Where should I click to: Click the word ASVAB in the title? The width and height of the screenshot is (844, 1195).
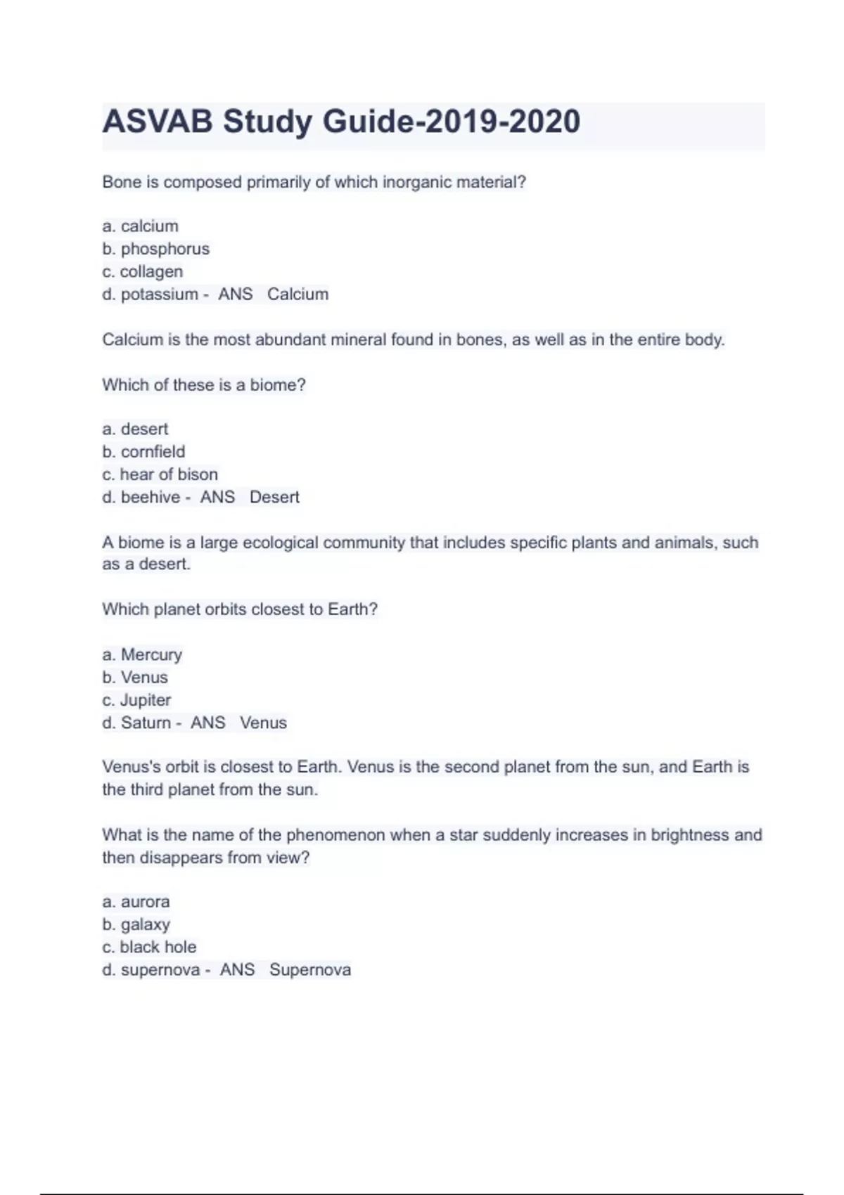(157, 122)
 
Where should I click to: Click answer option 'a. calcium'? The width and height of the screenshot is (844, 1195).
(141, 226)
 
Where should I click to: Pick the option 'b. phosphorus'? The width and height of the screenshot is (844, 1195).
(155, 249)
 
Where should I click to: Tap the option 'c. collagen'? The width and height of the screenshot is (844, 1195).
(142, 271)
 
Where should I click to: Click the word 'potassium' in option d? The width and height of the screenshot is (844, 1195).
(159, 295)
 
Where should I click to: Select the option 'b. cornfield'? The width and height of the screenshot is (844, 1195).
(143, 451)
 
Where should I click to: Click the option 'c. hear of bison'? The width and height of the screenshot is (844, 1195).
(160, 474)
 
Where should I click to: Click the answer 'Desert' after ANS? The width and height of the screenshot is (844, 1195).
(274, 497)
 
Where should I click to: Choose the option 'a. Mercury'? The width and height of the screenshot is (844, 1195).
(142, 654)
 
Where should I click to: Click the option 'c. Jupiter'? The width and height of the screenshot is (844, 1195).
(136, 700)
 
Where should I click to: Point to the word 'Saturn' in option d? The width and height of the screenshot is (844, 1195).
(146, 723)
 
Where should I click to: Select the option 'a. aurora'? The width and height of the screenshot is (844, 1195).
(136, 902)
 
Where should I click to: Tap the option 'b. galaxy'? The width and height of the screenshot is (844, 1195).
(136, 924)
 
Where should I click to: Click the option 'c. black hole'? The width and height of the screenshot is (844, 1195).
(149, 947)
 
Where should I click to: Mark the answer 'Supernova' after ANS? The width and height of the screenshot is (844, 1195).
(310, 970)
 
